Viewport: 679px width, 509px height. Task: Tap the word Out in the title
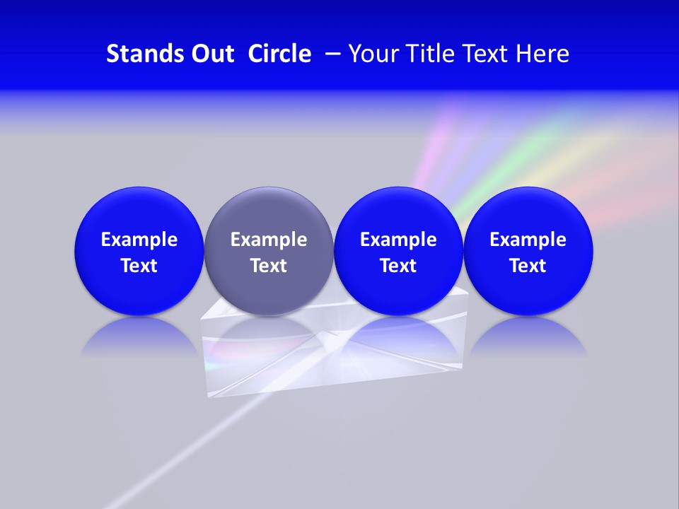click(x=210, y=54)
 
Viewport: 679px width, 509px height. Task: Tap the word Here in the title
click(x=542, y=54)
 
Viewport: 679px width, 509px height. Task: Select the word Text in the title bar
click(x=486, y=54)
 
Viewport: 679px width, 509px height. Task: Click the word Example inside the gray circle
click(x=269, y=240)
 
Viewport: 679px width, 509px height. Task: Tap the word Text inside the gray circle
click(x=269, y=266)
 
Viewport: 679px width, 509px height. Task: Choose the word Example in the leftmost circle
click(x=139, y=240)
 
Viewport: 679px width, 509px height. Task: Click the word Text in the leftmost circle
click(x=139, y=266)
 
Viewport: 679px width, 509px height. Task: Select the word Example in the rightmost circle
click(x=528, y=240)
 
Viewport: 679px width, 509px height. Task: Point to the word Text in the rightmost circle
click(x=528, y=266)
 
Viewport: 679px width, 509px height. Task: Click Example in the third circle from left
click(x=398, y=240)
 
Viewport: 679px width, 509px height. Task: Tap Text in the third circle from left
click(x=398, y=266)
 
